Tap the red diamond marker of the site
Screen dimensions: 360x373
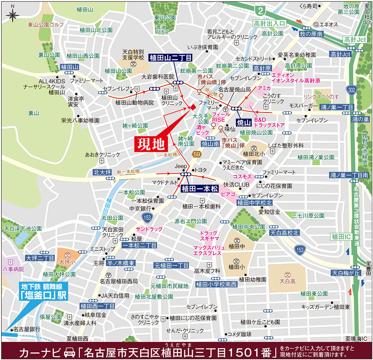click(193, 107)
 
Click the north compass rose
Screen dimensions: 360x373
click(13, 15)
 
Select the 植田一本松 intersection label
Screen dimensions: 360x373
click(200, 189)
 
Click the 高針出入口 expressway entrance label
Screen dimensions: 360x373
click(269, 23)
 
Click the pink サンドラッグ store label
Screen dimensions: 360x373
click(149, 229)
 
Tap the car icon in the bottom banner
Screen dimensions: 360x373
click(70, 351)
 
